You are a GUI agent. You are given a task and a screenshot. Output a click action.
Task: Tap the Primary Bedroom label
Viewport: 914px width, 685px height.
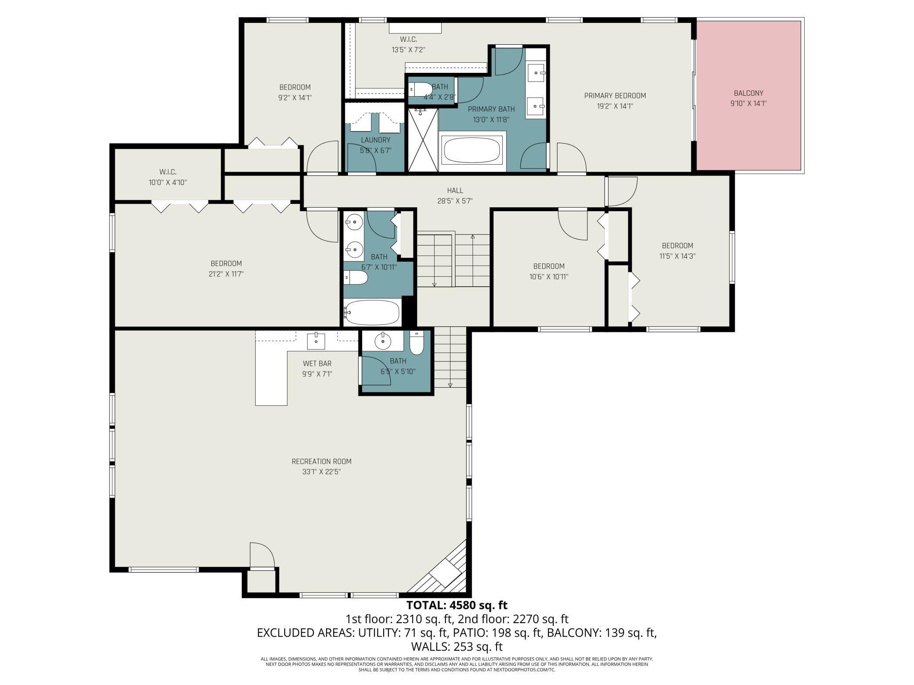(615, 96)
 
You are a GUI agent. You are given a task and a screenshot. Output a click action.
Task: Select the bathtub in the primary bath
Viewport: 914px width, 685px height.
(472, 151)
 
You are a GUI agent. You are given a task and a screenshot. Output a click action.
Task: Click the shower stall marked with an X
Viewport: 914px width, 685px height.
(423, 140)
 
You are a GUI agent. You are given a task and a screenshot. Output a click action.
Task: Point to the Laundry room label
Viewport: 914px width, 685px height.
(375, 140)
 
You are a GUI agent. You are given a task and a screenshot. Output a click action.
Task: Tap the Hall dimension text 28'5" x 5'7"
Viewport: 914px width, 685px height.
(455, 201)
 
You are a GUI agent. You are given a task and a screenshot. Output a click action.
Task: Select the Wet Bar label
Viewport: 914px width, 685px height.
(317, 364)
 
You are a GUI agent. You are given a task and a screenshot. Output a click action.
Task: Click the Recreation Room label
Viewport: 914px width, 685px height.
(321, 461)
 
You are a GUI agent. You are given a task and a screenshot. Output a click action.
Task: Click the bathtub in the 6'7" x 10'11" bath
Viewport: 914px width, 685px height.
(372, 313)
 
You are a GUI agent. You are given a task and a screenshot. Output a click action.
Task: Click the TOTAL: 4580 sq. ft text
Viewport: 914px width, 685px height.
(457, 605)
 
